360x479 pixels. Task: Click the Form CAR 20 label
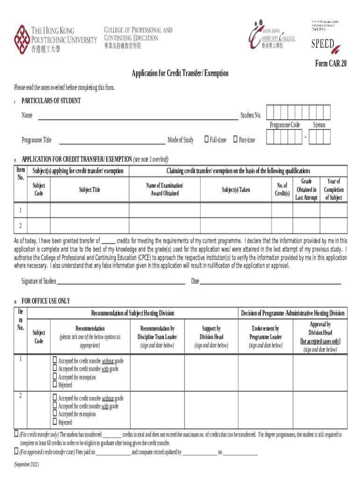point(331,64)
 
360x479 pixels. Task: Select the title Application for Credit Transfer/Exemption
point(180,73)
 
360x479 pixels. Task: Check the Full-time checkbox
point(206,139)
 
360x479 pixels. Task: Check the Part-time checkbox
point(236,139)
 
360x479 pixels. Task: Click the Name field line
point(137,119)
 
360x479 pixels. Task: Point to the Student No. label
point(251,116)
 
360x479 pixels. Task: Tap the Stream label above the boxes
point(319,125)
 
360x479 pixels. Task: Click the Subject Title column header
point(90,190)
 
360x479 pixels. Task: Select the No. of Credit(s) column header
point(282,190)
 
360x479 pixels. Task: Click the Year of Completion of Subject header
point(334,189)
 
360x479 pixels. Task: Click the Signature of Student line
point(121,283)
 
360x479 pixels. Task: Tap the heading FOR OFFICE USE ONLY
point(46,301)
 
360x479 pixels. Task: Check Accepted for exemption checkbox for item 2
point(55,414)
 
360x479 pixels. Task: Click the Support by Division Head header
point(211,337)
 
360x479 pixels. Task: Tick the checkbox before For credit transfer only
point(16,434)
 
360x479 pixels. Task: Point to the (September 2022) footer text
point(27,465)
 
